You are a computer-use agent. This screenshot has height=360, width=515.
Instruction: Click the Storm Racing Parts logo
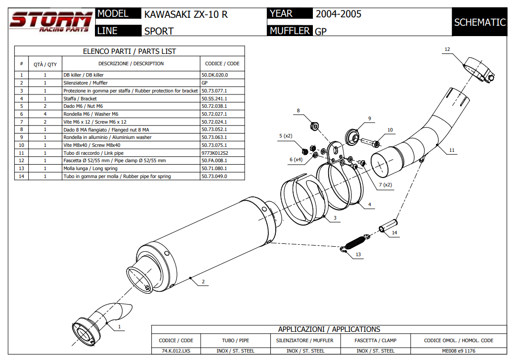(51, 22)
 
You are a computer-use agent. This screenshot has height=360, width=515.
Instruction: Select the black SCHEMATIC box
(479, 22)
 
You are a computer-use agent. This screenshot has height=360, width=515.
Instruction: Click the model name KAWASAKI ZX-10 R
(186, 14)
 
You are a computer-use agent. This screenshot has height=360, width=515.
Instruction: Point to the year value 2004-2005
(339, 14)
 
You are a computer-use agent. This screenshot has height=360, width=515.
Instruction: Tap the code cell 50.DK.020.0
(215, 75)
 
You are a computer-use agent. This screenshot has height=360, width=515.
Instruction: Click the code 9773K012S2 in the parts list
(215, 153)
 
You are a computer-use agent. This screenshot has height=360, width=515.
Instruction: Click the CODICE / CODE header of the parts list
(222, 63)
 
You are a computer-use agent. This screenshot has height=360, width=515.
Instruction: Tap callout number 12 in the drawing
(447, 49)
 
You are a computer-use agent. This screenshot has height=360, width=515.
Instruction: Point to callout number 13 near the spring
(358, 255)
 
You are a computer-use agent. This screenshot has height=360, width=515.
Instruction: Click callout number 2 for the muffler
(203, 282)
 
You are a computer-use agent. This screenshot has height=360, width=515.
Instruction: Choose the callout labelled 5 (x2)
(286, 135)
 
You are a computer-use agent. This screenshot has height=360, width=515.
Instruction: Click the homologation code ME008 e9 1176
(459, 351)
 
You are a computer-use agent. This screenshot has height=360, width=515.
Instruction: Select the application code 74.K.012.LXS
(176, 351)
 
